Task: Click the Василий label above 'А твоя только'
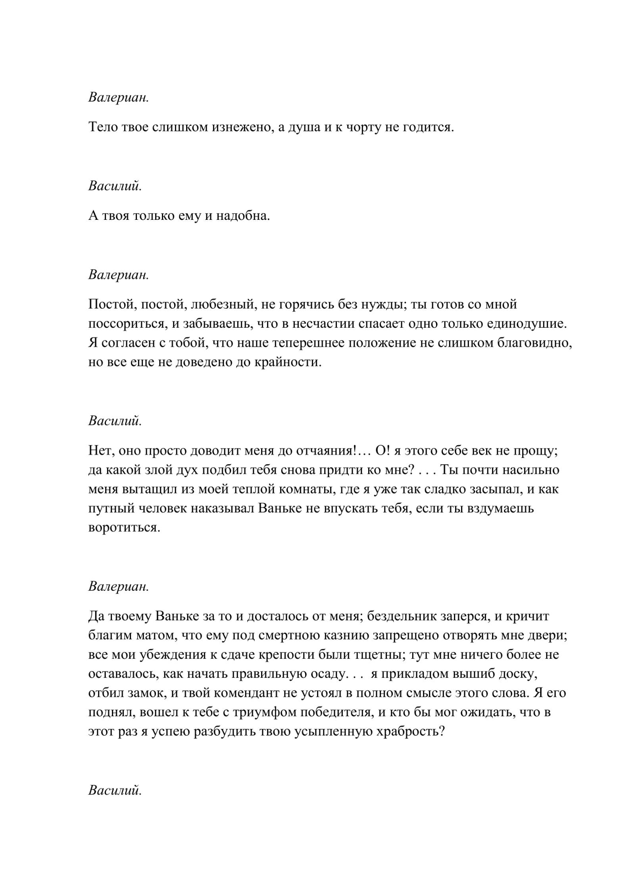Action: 115,186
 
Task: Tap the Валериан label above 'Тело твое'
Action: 119,98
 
